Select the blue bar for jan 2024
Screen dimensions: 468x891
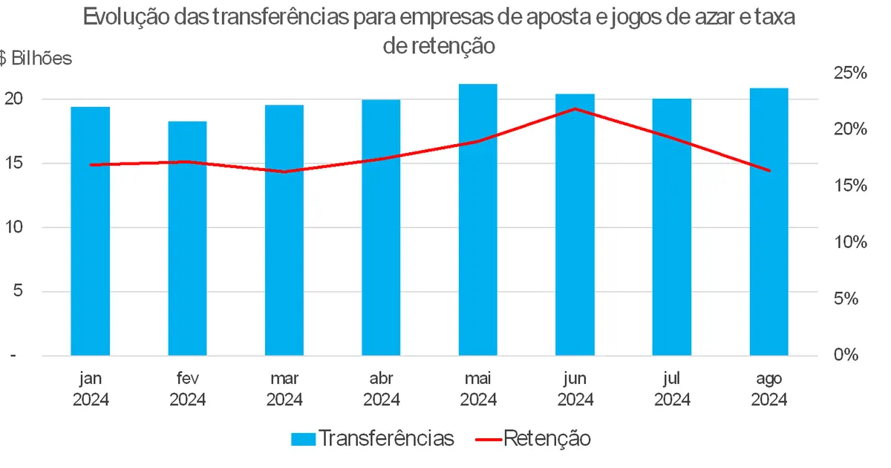point(91,231)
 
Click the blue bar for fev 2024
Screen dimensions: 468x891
point(187,238)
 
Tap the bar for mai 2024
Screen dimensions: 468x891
point(477,220)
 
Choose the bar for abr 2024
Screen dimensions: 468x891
point(381,227)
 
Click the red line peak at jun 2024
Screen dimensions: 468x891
point(575,108)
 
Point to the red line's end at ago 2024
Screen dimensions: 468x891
point(769,171)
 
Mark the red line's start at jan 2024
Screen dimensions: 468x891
point(91,165)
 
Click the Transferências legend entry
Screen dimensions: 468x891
point(372,438)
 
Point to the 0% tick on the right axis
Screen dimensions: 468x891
point(846,355)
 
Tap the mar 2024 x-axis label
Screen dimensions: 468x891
point(284,389)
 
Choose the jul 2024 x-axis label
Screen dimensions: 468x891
point(672,389)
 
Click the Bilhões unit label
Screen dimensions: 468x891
point(41,59)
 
